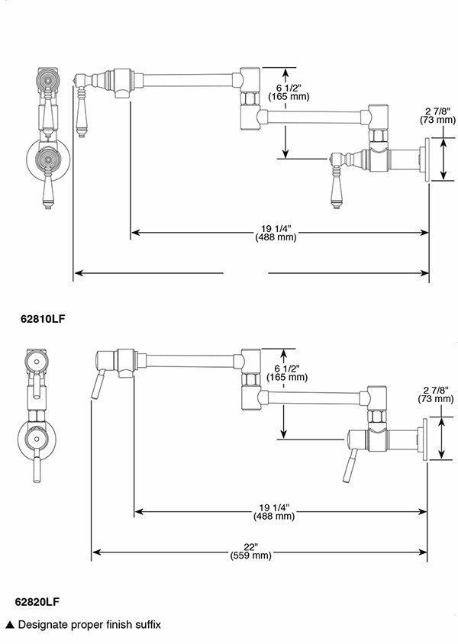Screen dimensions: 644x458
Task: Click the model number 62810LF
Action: (x=42, y=319)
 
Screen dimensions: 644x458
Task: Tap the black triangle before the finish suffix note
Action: (x=9, y=625)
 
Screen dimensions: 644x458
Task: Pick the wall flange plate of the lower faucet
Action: (x=422, y=440)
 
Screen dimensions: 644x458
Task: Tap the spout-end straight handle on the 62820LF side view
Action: (x=95, y=386)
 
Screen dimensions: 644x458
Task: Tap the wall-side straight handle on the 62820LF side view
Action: (x=350, y=468)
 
